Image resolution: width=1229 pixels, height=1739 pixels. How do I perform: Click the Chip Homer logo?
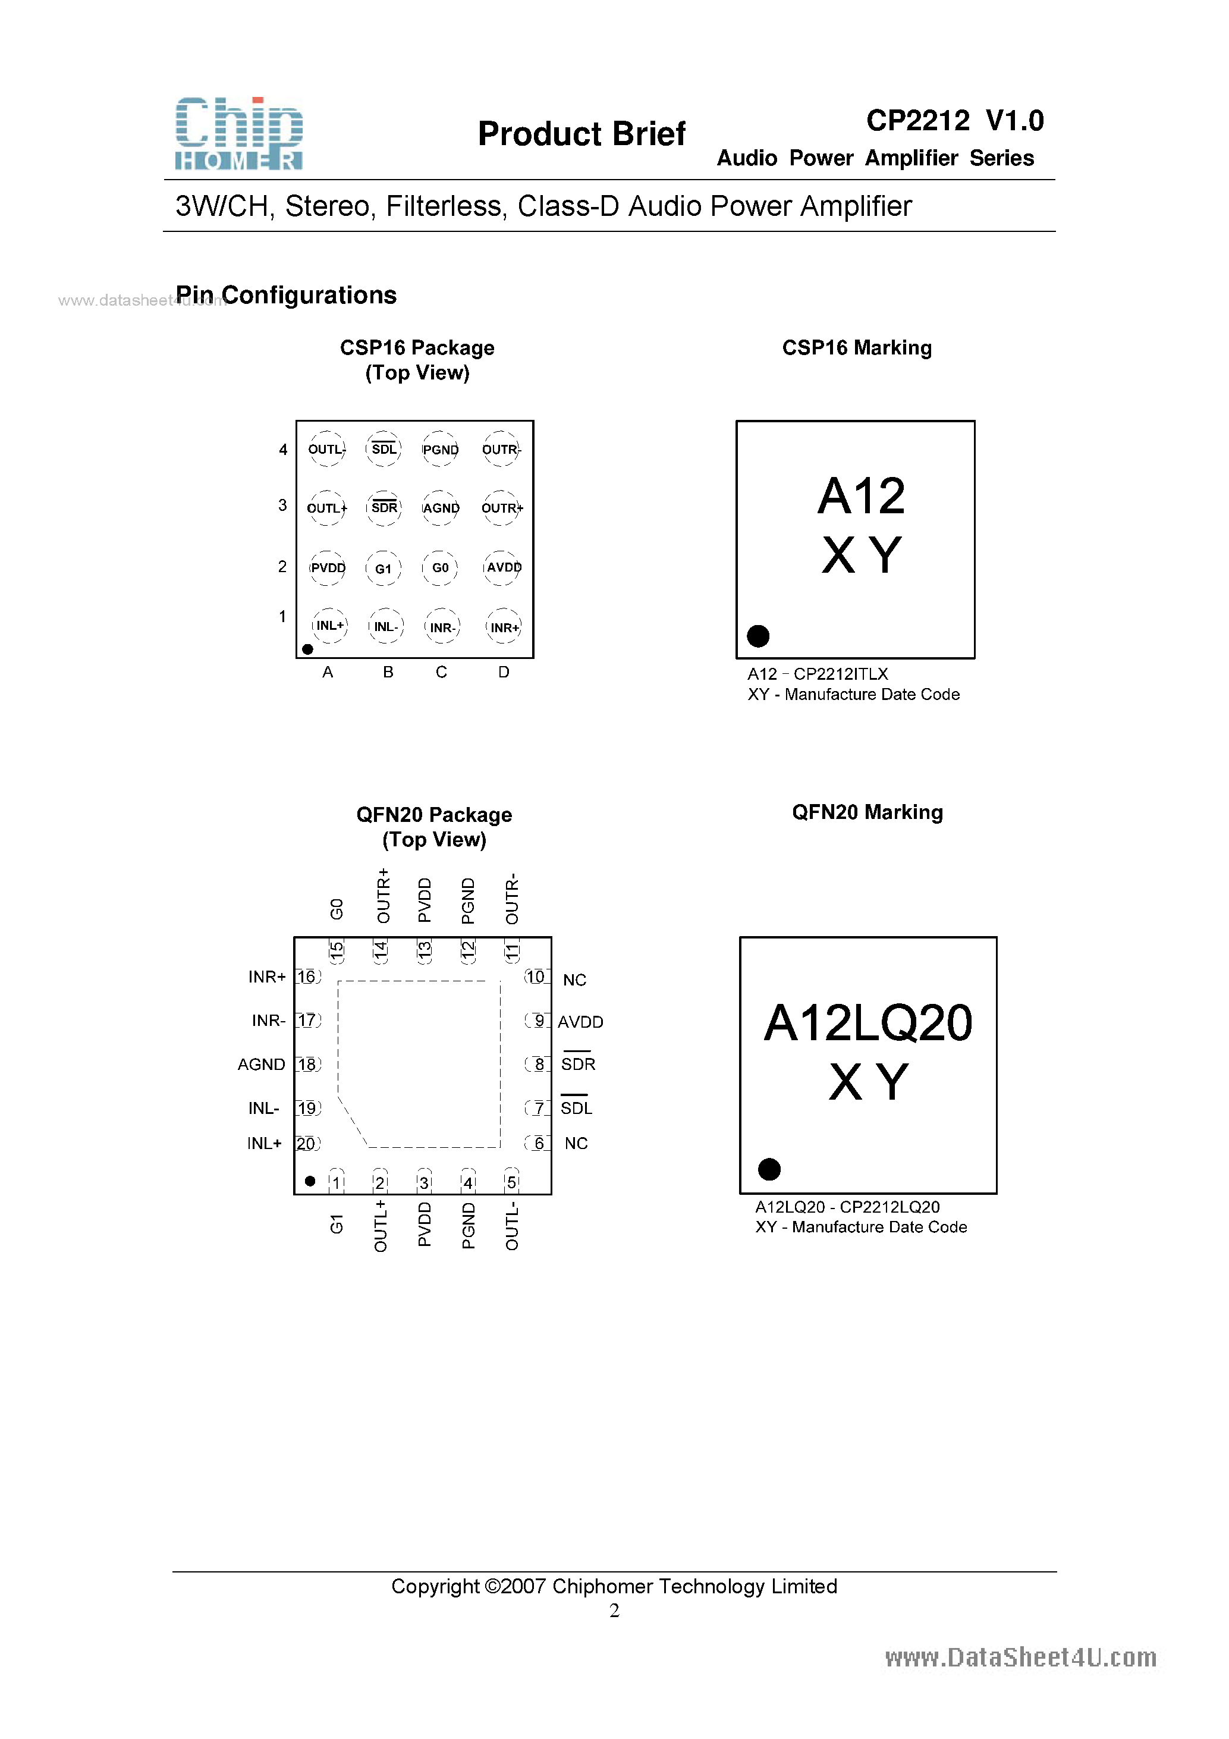(238, 133)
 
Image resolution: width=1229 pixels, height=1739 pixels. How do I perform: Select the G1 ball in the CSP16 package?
(383, 568)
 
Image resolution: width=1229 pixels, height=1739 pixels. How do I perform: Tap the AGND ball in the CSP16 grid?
(441, 508)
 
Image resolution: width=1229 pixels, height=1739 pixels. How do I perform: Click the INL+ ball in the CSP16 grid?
(329, 626)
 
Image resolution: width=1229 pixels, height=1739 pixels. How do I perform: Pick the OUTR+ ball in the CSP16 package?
(502, 508)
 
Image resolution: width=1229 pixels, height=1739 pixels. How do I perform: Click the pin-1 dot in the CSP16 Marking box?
(758, 635)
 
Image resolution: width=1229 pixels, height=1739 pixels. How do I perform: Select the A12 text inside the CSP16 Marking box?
(861, 496)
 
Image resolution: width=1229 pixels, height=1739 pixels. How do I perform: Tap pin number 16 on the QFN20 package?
(307, 977)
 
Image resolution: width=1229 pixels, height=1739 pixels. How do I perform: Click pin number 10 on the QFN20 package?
(535, 977)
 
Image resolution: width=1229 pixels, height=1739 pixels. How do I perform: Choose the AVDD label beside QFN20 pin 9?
(580, 1022)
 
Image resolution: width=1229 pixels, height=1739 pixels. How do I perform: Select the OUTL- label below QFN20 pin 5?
(512, 1226)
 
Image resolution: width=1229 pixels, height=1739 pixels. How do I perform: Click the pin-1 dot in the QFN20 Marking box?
(769, 1169)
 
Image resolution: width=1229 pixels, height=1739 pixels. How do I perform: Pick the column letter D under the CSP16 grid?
(504, 672)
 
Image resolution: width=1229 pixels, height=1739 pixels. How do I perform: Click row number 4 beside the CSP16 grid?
(283, 450)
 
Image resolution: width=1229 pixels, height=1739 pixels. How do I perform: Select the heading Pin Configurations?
(286, 294)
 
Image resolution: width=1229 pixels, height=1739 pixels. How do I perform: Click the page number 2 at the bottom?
(614, 1611)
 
